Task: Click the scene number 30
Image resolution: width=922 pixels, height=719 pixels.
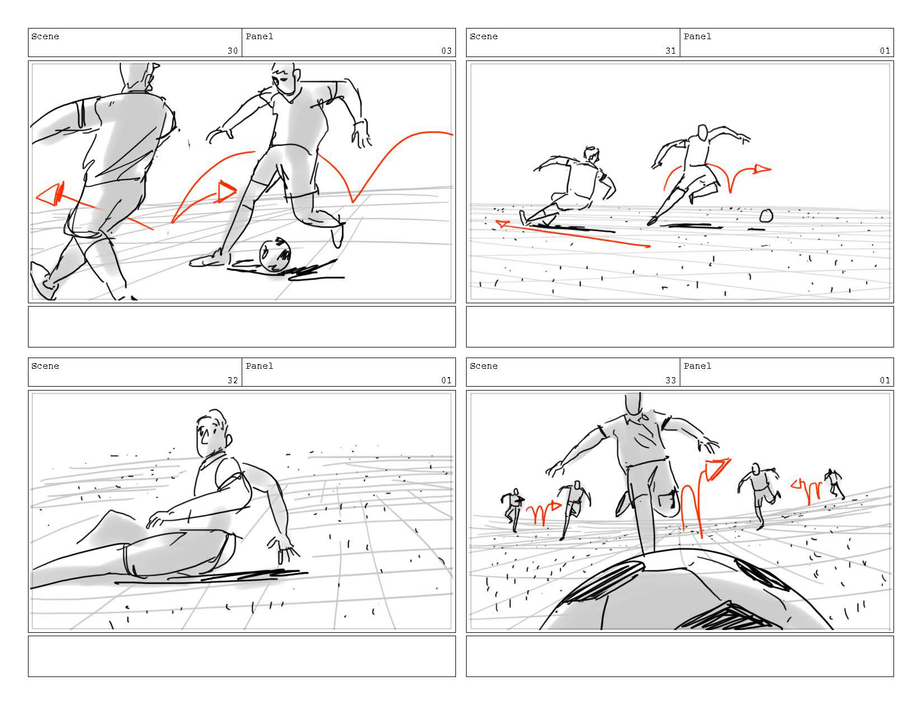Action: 233,51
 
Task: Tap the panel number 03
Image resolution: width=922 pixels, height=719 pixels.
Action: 446,51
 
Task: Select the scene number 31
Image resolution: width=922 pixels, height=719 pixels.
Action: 670,51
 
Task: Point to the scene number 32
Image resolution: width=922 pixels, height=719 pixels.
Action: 233,380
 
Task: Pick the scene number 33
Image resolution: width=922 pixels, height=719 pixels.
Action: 670,380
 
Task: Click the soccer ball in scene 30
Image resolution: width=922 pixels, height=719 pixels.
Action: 275,255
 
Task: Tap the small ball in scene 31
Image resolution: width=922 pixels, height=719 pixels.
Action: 766,216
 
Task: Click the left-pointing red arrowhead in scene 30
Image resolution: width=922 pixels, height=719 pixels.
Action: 50,194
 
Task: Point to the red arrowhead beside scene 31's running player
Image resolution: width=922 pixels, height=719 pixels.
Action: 762,170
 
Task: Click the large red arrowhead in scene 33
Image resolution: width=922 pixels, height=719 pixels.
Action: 717,469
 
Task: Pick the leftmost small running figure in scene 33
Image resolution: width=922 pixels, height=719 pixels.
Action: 513,509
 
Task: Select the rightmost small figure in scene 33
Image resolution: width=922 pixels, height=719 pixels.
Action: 834,483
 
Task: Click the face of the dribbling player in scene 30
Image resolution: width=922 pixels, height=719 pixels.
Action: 283,82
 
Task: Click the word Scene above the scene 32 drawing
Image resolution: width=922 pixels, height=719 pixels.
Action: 45,366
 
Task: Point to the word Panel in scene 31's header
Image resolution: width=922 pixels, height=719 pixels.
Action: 697,36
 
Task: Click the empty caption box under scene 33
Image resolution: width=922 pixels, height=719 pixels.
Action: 680,656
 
